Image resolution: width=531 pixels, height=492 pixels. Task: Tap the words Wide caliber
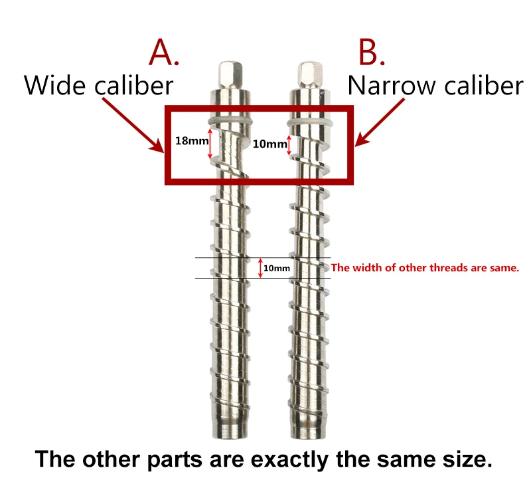point(99,85)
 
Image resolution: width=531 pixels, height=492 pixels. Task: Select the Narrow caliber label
point(435,85)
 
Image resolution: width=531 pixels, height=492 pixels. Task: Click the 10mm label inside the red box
point(266,144)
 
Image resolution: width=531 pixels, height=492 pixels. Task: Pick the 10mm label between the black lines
point(277,268)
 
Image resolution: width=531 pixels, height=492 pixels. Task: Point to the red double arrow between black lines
point(260,267)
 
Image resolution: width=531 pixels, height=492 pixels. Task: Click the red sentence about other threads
point(424,268)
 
